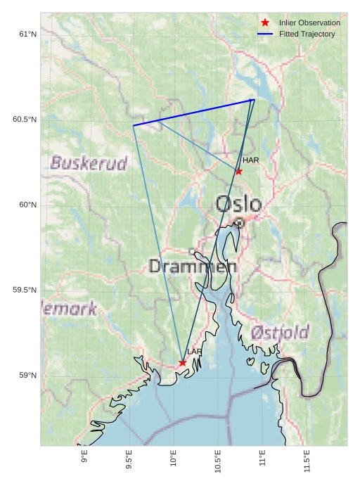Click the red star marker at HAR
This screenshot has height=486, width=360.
(239, 171)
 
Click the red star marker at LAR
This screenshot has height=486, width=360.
(183, 363)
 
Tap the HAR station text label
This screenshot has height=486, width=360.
(251, 160)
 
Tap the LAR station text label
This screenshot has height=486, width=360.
(195, 352)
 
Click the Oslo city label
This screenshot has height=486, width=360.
(238, 204)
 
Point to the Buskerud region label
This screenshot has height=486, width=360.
(89, 164)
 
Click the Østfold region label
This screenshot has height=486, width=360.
(281, 332)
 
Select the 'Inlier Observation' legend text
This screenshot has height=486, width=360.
(309, 23)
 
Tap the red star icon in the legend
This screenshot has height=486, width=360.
(265, 23)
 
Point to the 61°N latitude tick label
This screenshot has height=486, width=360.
(27, 34)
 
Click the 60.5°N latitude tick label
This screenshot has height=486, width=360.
(25, 120)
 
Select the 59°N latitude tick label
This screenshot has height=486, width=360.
(27, 376)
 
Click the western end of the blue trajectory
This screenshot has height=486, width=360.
(134, 125)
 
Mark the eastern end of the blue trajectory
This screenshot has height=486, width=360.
(254, 100)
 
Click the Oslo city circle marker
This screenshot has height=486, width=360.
(240, 222)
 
